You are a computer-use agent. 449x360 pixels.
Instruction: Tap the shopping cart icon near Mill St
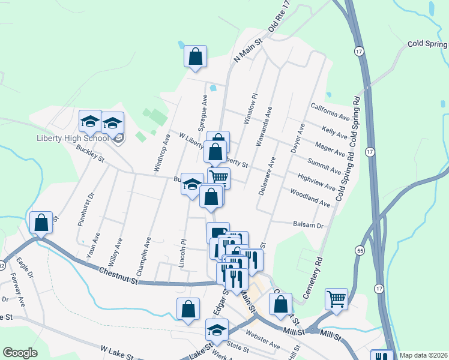click(x=337, y=298)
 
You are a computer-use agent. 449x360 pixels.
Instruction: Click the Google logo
click(x=19, y=353)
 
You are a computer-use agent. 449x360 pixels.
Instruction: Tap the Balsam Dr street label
click(x=308, y=226)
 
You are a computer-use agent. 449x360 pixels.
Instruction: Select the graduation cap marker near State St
click(x=217, y=329)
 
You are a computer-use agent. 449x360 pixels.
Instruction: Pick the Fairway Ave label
click(x=17, y=287)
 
